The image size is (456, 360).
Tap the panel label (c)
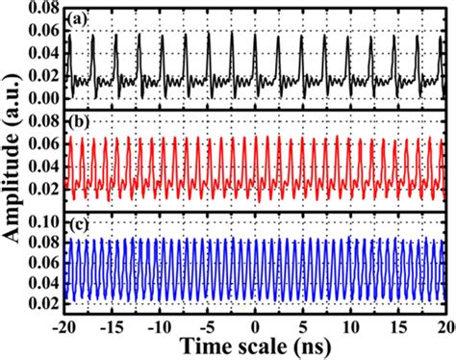coord(78,227)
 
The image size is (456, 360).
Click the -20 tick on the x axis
coord(64,324)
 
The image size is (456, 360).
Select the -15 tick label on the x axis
coord(113,324)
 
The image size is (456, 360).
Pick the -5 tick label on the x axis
coord(208,324)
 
